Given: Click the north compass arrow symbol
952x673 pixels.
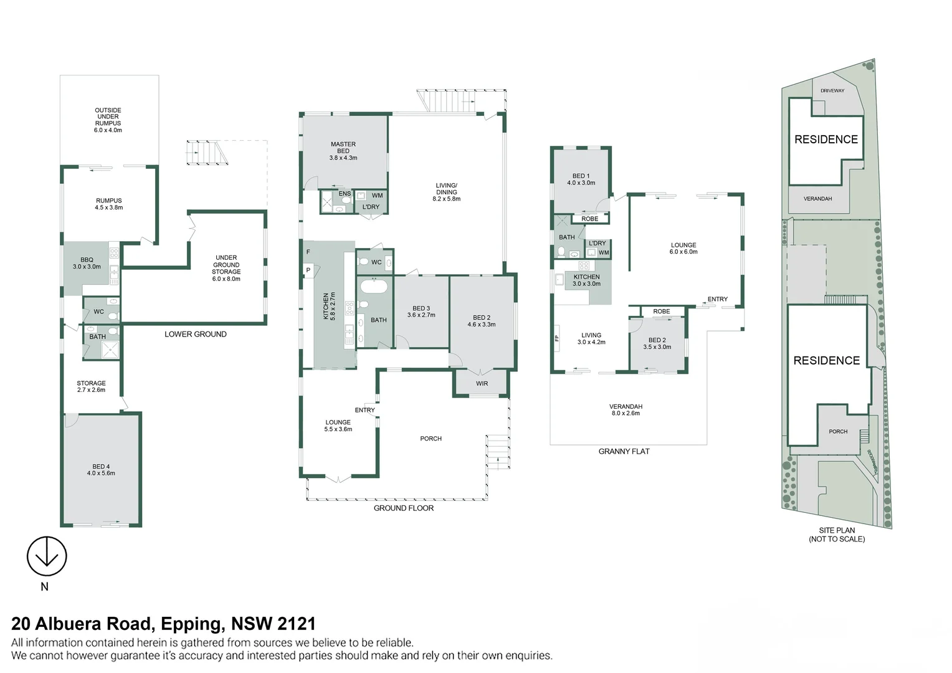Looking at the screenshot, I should point(47,556).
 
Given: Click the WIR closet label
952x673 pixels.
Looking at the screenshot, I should point(482,384).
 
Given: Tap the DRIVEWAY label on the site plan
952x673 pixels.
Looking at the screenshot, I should point(832,91).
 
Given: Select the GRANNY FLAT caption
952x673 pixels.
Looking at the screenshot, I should point(624,451).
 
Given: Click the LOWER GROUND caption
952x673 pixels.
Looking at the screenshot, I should point(195,334).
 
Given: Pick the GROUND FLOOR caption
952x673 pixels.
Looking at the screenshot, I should point(403,508).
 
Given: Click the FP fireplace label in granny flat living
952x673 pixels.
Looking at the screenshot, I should point(557,338).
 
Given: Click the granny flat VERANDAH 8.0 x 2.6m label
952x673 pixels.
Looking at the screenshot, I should point(626,409).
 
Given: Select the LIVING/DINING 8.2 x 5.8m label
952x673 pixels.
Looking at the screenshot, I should point(446,192).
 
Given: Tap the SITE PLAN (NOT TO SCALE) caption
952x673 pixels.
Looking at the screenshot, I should point(837,535).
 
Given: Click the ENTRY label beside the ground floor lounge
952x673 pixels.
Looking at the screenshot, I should point(364,410).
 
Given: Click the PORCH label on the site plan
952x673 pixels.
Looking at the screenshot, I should point(838,431).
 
